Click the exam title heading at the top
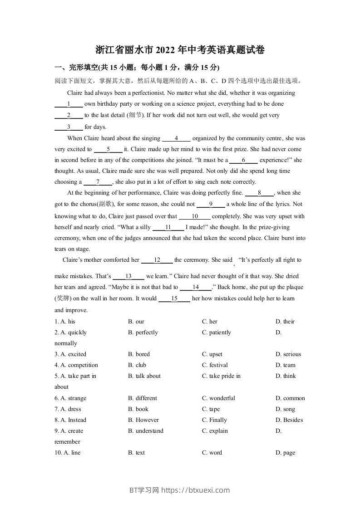(x=180, y=50)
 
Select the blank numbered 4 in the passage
(x=176, y=138)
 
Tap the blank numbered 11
(x=168, y=227)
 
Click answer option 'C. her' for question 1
(x=210, y=322)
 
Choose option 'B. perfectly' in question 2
(x=143, y=333)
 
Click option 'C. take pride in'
(x=221, y=376)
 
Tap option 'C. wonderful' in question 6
(x=218, y=398)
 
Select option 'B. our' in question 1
(x=136, y=322)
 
